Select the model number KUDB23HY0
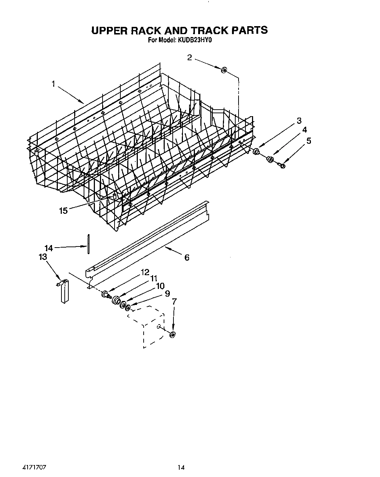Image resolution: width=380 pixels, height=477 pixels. point(195,41)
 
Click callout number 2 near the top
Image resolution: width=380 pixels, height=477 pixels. point(189,57)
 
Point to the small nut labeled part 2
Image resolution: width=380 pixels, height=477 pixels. point(224,69)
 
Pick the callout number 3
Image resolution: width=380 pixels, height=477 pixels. point(299,121)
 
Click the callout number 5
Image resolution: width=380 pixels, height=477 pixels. point(309,141)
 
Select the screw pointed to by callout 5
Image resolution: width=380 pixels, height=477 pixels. point(282,166)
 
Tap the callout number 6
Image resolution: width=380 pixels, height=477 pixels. point(187,257)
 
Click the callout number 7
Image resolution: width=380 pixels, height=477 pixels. point(174,301)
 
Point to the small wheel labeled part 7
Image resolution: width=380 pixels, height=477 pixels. point(172,334)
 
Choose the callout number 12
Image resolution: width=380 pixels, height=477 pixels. point(145,272)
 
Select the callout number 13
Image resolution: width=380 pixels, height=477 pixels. point(43,257)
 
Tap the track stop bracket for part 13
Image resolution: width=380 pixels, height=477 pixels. point(64,290)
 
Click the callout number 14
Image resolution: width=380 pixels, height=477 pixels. point(48,248)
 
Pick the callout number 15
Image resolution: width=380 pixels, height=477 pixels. point(63,211)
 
